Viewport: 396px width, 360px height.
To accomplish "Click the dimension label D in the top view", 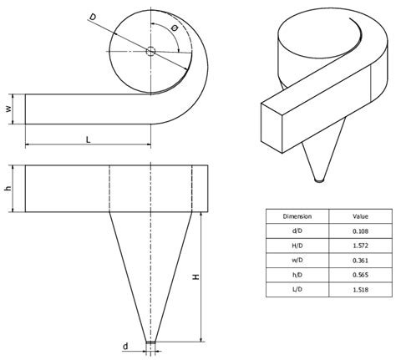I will (x=92, y=17).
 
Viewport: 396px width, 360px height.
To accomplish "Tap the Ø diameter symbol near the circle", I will (x=173, y=28).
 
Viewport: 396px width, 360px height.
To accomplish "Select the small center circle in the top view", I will (x=150, y=52).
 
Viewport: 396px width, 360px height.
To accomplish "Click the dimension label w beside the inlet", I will (x=8, y=109).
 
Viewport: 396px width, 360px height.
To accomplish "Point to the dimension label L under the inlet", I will (x=88, y=139).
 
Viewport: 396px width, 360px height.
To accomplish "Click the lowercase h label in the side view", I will (x=8, y=189).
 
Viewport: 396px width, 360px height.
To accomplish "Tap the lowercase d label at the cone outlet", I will (x=125, y=345).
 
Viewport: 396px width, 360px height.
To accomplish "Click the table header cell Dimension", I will (x=297, y=215).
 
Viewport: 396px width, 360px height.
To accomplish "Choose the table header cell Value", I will (x=359, y=215).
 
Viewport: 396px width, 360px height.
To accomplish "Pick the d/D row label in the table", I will (x=297, y=231).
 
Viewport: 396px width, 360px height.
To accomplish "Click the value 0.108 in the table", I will (x=359, y=231).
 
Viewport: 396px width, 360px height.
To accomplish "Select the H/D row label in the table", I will (x=297, y=246).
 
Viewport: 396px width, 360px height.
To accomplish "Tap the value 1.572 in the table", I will (x=359, y=246).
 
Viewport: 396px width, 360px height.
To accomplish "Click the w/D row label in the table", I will (x=297, y=260).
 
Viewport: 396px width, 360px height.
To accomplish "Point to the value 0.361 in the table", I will (x=359, y=260).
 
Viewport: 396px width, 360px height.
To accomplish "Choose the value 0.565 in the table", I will (x=359, y=275).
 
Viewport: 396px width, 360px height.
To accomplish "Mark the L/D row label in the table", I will (x=297, y=290).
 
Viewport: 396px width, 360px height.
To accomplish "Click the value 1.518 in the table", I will (x=359, y=290).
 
